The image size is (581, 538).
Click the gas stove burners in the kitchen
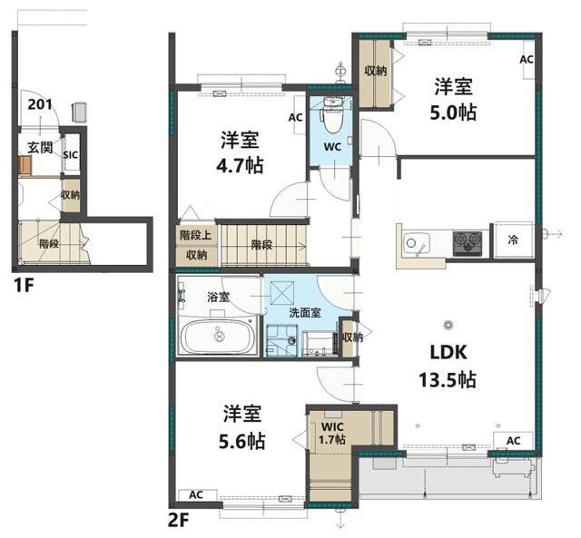(x=468, y=243)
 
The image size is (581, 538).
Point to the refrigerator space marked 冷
(x=514, y=240)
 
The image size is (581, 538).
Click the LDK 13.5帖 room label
(x=448, y=367)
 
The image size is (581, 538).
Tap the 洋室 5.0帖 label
(x=453, y=100)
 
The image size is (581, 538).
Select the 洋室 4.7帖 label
(x=240, y=152)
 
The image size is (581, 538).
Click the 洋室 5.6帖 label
(x=242, y=427)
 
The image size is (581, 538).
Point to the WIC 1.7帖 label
(x=332, y=434)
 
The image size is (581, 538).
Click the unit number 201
(x=40, y=104)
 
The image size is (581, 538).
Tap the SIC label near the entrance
(x=71, y=154)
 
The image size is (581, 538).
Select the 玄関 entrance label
(x=40, y=147)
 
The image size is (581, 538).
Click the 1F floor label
(x=24, y=286)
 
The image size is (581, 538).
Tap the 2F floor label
(x=179, y=522)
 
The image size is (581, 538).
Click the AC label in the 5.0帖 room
(x=527, y=59)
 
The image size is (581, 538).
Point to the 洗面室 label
(x=305, y=313)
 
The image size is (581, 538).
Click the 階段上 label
(x=196, y=235)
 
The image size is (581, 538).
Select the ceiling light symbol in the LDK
(x=448, y=325)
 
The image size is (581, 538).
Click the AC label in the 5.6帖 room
(x=196, y=494)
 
